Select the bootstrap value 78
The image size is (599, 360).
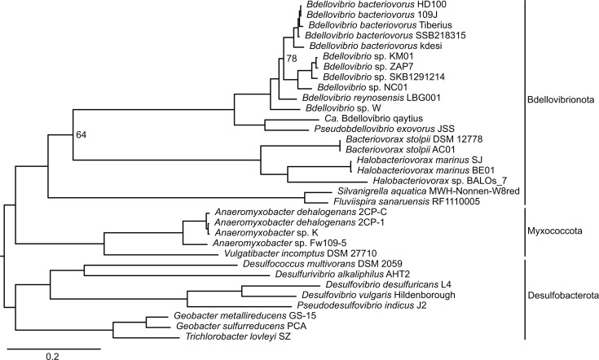pyautogui.click(x=292, y=58)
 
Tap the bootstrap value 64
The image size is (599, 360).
pyautogui.click(x=81, y=134)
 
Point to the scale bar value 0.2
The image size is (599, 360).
pyautogui.click(x=53, y=356)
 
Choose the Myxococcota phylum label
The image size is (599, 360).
pyautogui.click(x=555, y=231)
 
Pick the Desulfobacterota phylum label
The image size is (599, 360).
pyautogui.click(x=563, y=296)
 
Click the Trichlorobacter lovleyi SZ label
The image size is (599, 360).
pyautogui.click(x=239, y=336)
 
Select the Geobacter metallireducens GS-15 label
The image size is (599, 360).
pyautogui.click(x=244, y=316)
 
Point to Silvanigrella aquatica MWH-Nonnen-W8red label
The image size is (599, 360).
pyautogui.click(x=429, y=191)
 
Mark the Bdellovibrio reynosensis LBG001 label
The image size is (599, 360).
pyautogui.click(x=372, y=98)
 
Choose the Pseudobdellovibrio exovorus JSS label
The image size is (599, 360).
pyautogui.click(x=385, y=129)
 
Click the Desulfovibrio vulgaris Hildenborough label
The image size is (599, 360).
pyautogui.click(x=379, y=295)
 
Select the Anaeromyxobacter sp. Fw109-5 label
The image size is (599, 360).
pyautogui.click(x=280, y=243)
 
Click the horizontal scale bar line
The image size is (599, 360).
pyautogui.click(x=54, y=348)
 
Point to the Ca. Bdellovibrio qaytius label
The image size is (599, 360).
pyautogui.click(x=373, y=118)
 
